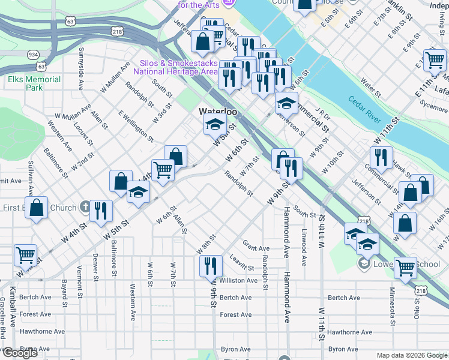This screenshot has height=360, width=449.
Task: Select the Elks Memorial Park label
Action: (x=34, y=83)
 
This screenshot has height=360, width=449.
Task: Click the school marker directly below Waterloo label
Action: (x=214, y=125)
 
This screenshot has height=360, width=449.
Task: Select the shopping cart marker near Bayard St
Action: (x=25, y=254)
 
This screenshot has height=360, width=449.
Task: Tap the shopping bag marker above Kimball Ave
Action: (x=37, y=208)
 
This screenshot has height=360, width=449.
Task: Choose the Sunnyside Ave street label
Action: (x=82, y=63)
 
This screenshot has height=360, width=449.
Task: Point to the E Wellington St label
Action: (x=136, y=125)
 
